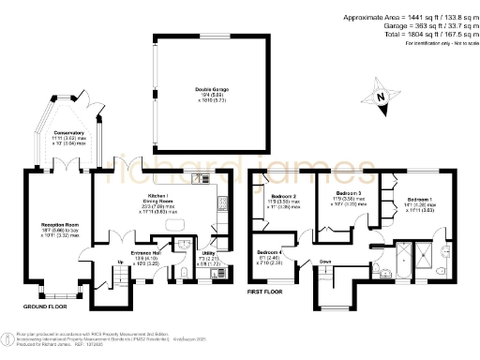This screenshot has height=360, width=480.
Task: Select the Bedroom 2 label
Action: click(x=282, y=198)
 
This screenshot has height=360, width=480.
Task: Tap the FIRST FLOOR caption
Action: click(x=266, y=293)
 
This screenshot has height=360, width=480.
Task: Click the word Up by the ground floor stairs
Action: click(x=95, y=262)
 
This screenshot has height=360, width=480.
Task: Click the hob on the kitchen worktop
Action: click(x=221, y=202)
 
